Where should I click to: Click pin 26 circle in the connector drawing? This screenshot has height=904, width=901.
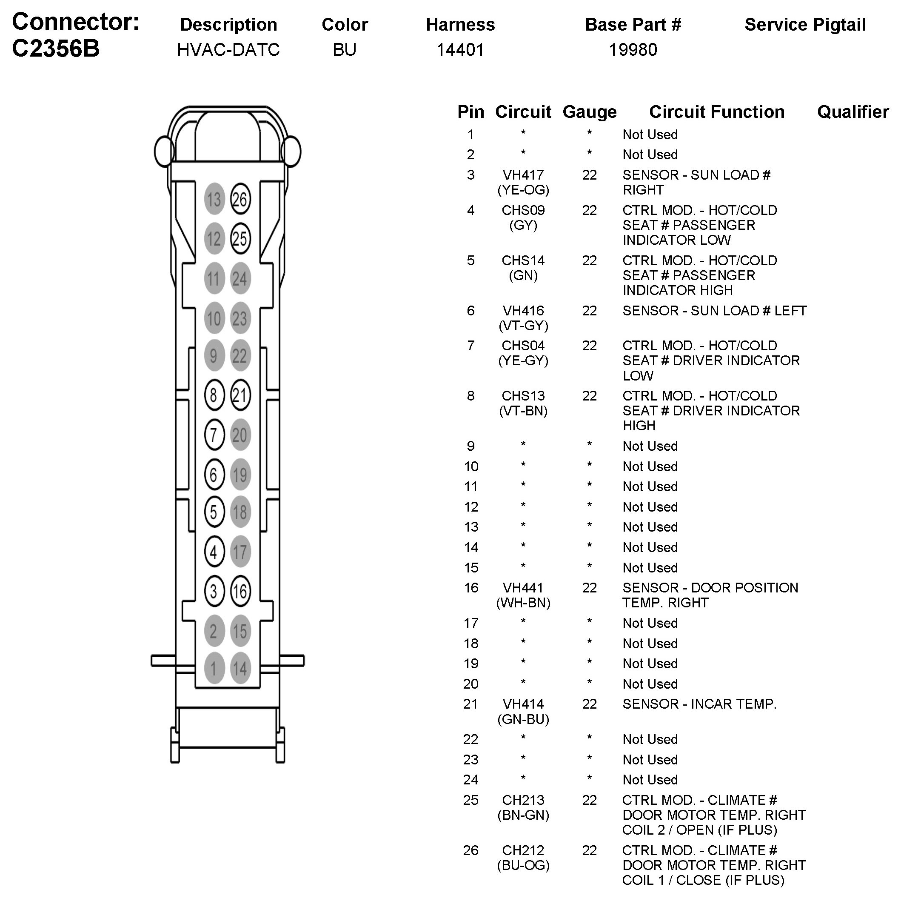(240, 199)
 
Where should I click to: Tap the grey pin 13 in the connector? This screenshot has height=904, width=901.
(214, 199)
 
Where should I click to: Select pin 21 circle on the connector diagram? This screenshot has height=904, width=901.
(240, 395)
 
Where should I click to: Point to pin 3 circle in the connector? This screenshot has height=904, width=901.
(214, 591)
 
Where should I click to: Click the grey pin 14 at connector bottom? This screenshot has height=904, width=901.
(240, 668)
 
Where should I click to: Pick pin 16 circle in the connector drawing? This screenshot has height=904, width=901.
(240, 591)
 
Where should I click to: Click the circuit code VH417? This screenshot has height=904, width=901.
(523, 175)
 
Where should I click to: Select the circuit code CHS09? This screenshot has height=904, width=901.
(523, 210)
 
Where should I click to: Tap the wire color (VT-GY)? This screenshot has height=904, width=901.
(523, 326)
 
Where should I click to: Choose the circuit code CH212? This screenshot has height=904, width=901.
(523, 850)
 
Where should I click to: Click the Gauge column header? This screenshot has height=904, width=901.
(589, 112)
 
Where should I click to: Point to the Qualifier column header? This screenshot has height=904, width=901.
(853, 112)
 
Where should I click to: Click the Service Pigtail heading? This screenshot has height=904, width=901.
(805, 24)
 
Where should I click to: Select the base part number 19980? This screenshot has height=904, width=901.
(633, 50)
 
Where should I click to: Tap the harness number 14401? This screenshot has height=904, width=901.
(460, 50)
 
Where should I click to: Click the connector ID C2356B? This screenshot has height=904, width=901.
(56, 48)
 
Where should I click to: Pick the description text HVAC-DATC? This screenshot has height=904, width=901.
(228, 50)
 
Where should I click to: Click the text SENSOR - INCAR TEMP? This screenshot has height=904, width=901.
(699, 704)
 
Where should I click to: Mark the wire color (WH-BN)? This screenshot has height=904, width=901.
(523, 603)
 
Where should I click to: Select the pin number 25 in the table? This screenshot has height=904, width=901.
(470, 800)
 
